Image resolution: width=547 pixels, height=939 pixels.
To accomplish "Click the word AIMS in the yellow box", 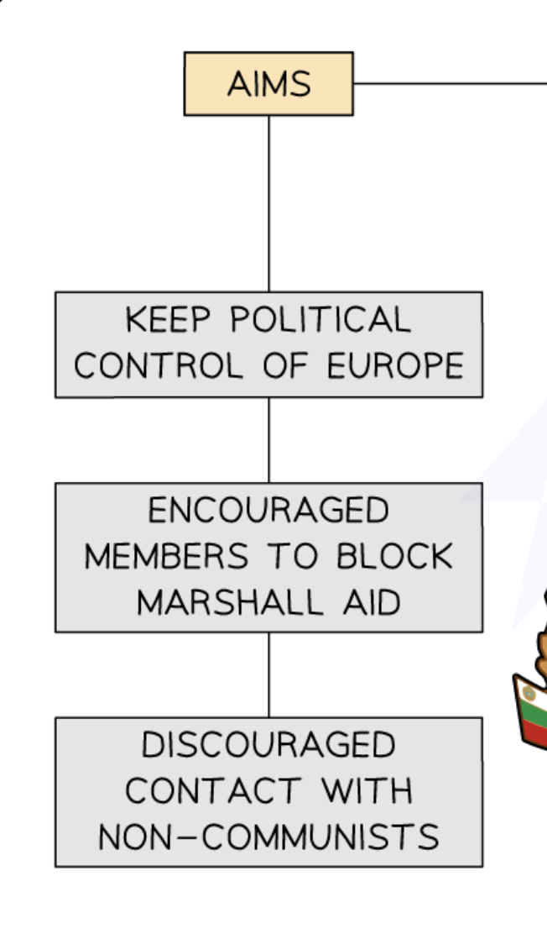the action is coord(268,84).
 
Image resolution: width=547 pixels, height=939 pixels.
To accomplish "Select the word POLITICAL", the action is coord(320,320).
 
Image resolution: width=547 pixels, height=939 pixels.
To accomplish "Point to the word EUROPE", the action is coord(394,365).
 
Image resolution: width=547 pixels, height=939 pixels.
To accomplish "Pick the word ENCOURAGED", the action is coord(268,511).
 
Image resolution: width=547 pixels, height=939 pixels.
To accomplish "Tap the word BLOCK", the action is coord(395,556).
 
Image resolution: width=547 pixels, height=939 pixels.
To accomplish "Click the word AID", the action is coord(370,601).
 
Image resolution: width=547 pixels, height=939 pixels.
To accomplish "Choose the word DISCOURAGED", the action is coord(268,745).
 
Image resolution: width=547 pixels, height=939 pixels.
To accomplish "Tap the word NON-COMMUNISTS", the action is coord(268,837).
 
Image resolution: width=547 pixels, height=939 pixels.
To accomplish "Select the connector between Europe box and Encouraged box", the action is coord(269,439).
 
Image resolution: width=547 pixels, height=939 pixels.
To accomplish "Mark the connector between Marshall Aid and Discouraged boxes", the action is coord(269,674).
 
